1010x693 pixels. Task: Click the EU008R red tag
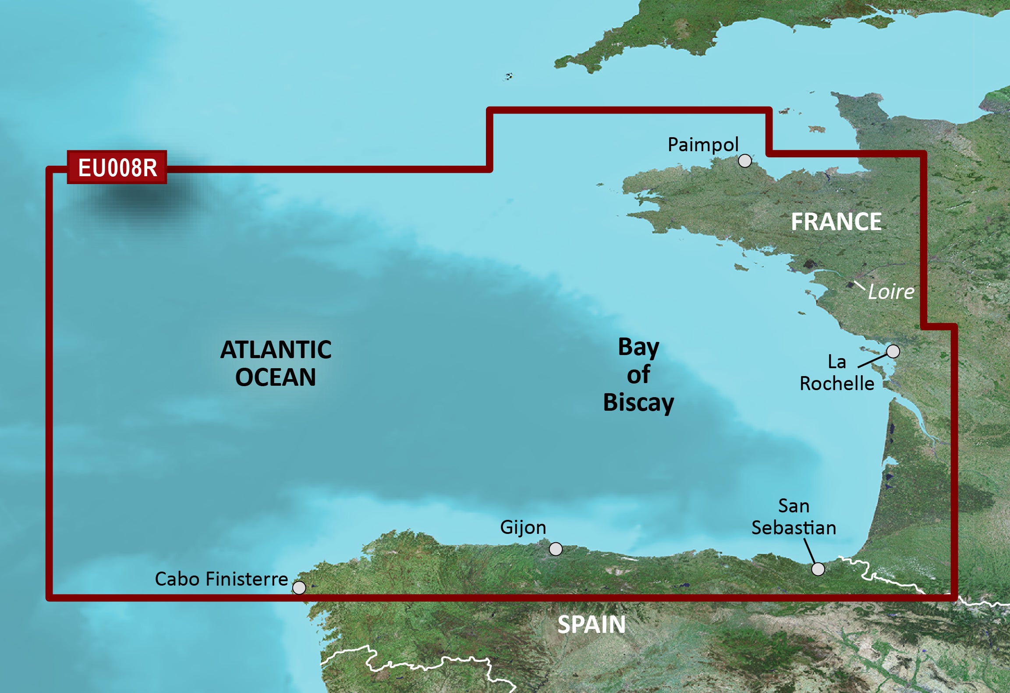(x=117, y=167)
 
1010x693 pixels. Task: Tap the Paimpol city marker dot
(x=744, y=161)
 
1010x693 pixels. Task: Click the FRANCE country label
(x=836, y=222)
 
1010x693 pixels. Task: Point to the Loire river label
(x=891, y=292)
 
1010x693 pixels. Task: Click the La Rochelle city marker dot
(x=893, y=351)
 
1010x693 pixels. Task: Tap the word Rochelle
(x=837, y=384)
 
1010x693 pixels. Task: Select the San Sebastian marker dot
(x=818, y=569)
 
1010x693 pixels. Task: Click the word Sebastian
(x=794, y=528)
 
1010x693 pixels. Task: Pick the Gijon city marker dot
(x=556, y=549)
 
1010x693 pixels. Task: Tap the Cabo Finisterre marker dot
(x=299, y=587)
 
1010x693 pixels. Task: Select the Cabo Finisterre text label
(x=221, y=579)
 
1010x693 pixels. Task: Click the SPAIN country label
(x=591, y=625)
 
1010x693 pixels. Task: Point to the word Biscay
(x=638, y=403)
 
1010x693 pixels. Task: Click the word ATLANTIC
(x=276, y=350)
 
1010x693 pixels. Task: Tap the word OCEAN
(x=276, y=377)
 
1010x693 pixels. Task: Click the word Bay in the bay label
(x=638, y=348)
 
